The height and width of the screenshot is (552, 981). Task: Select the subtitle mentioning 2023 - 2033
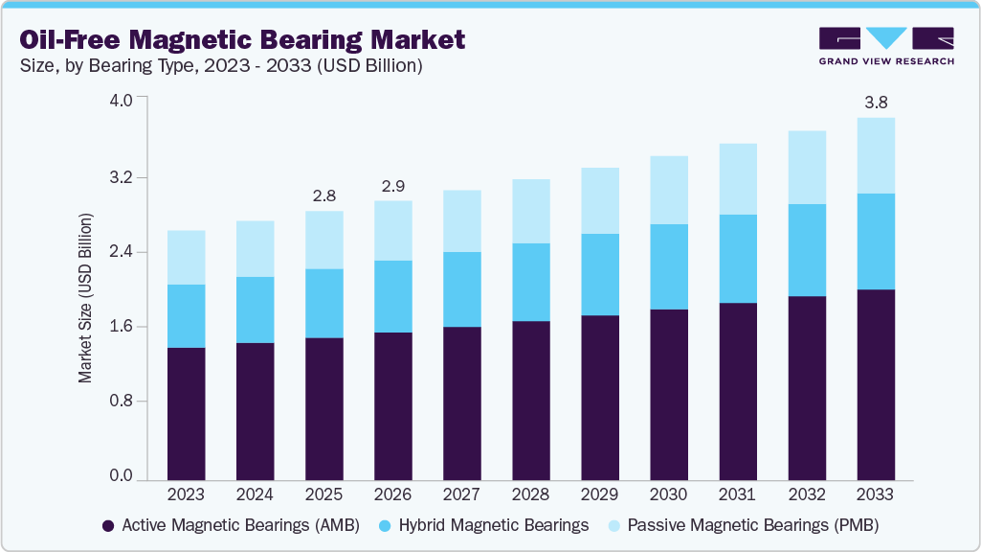click(x=219, y=66)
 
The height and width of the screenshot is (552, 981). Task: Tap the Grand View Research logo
click(x=886, y=45)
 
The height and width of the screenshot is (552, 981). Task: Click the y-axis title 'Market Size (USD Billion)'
click(x=86, y=298)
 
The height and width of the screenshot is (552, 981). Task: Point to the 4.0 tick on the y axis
click(x=122, y=99)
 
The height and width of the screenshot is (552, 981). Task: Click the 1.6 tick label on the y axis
click(x=122, y=327)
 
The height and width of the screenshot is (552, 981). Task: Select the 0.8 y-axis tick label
click(x=122, y=401)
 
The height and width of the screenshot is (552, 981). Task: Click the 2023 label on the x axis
click(x=186, y=495)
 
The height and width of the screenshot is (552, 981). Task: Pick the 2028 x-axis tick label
click(x=530, y=495)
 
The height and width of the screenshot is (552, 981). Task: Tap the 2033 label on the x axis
click(x=875, y=495)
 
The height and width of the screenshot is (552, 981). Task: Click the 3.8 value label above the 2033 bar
click(x=875, y=102)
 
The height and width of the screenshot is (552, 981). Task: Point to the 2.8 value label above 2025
click(x=323, y=195)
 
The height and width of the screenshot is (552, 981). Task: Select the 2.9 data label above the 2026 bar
click(x=392, y=185)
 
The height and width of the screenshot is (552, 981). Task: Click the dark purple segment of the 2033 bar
click(x=875, y=383)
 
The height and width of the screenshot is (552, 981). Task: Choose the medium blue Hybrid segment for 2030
click(x=668, y=266)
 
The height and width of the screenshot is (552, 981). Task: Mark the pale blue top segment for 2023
click(x=186, y=257)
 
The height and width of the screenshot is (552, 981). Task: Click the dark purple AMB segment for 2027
click(x=461, y=402)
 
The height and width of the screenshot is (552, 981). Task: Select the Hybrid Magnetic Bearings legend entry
click(x=483, y=525)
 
